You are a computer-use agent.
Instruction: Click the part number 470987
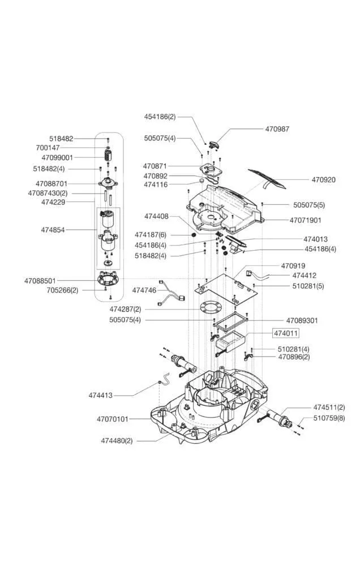[277, 128]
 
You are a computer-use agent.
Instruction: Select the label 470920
[323, 180]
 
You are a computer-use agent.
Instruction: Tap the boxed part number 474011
[286, 333]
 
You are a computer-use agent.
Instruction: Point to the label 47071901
[306, 220]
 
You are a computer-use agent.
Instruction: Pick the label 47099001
[57, 157]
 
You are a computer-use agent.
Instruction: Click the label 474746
[144, 290]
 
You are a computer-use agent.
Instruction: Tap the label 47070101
[113, 419]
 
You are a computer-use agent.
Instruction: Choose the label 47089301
[302, 320]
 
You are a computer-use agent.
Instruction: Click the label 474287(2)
[125, 310]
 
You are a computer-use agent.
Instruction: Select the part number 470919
[293, 265]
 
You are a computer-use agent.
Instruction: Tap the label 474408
[156, 216]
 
